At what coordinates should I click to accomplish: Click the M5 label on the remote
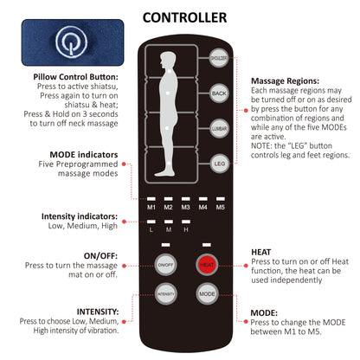tap(220, 208)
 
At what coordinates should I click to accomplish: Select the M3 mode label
tap(184, 208)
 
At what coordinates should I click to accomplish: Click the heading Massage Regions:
tap(285, 80)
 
